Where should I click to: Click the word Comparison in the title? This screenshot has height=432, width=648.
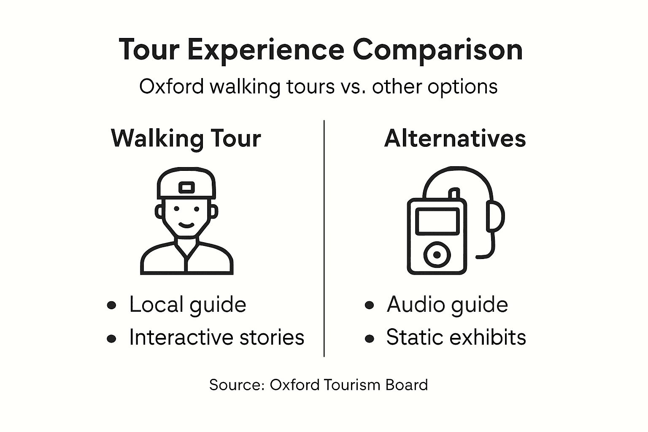[437, 50]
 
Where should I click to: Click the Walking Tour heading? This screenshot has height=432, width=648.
[186, 138]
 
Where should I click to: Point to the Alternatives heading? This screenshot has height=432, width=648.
[455, 138]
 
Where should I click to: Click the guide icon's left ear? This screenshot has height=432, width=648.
[159, 211]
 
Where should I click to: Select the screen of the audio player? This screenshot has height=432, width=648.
[437, 221]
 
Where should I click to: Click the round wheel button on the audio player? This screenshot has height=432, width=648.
[437, 255]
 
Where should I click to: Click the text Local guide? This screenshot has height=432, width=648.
[187, 305]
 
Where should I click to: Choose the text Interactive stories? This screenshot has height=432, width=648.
[216, 337]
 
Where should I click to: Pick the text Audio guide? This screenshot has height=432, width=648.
[447, 305]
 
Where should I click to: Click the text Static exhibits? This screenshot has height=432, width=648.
[456, 337]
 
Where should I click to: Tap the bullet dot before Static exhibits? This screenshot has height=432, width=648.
[370, 338]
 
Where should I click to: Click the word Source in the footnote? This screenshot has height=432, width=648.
[236, 385]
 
